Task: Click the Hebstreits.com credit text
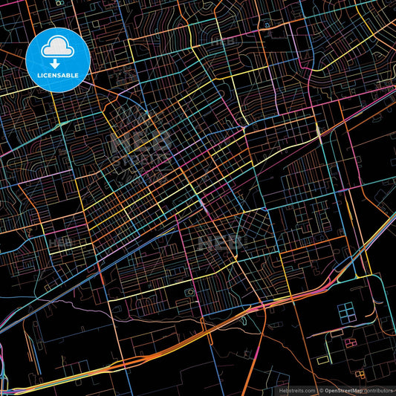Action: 295,390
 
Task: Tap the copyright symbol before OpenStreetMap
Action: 320,390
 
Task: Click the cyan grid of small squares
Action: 347,313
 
